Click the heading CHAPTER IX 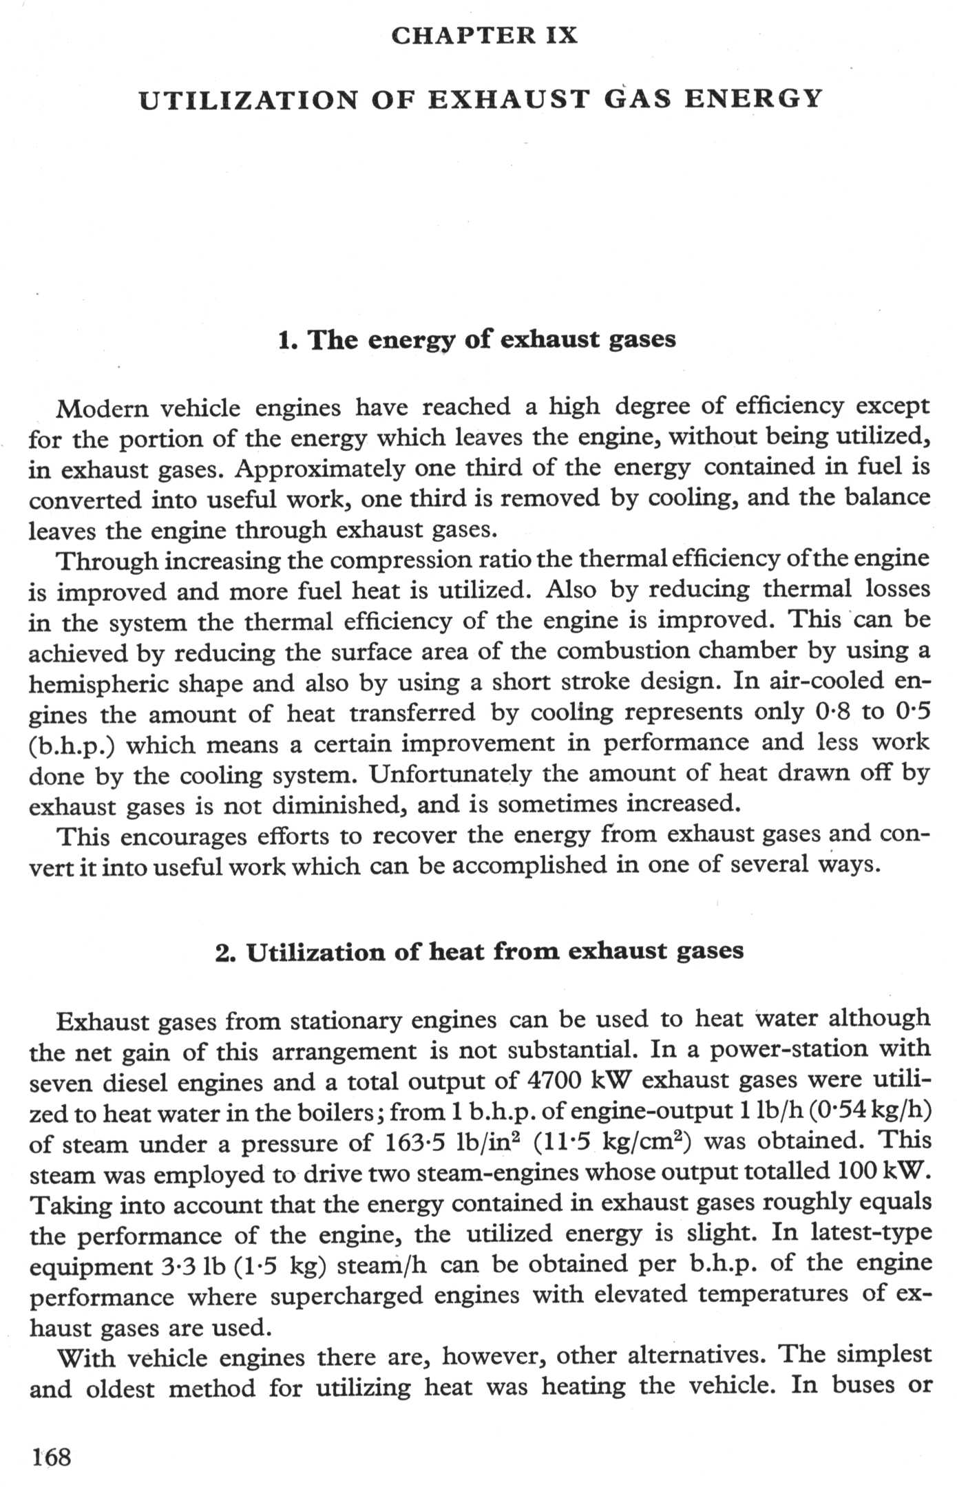pos(484,35)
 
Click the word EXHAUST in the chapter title pos(509,100)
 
